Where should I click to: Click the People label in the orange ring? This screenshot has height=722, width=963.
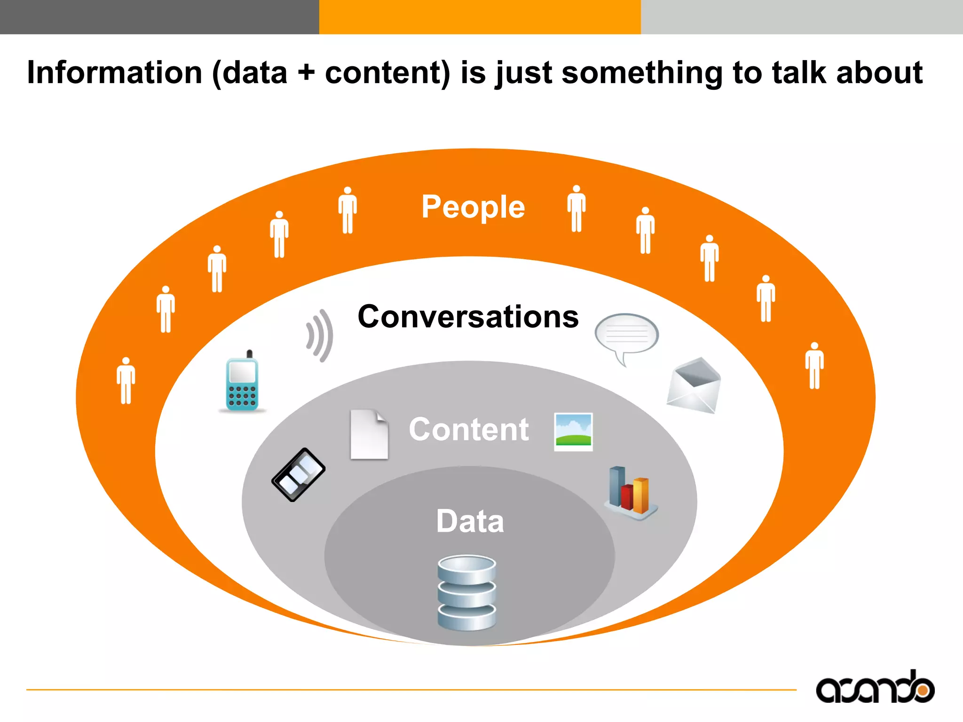[x=473, y=207]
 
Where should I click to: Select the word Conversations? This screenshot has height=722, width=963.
[x=468, y=316]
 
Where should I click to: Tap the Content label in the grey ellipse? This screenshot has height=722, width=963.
[x=469, y=429]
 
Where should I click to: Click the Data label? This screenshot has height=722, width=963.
[x=470, y=521]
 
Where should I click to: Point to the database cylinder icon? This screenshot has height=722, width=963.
[x=466, y=592]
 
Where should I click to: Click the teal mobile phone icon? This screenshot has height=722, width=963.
[x=242, y=382]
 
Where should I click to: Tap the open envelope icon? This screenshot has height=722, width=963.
[x=694, y=385]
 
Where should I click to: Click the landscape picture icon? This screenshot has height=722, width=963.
[x=573, y=432]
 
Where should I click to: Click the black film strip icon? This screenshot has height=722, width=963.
[x=299, y=474]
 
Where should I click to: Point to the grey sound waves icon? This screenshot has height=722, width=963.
[x=320, y=335]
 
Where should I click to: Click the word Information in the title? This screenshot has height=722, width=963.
[x=115, y=73]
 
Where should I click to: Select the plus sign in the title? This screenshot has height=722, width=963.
[x=306, y=73]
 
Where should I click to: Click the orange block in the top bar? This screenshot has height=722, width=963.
[x=480, y=17]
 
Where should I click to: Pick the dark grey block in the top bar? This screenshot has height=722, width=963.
[x=159, y=17]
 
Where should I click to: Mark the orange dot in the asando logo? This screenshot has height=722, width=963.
[x=923, y=691]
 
